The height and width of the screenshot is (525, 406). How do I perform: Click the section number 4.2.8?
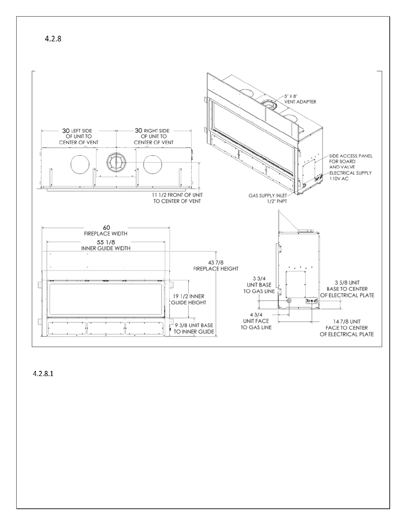point(53,39)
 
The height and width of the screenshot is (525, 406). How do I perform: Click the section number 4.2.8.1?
point(43,374)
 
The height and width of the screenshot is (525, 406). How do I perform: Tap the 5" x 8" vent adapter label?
point(300,99)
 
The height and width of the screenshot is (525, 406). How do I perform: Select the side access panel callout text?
point(351,161)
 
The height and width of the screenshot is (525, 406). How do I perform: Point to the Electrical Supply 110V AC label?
point(350,176)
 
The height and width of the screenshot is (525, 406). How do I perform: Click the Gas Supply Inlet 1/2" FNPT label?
point(268,198)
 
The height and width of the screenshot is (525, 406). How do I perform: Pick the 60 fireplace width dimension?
point(106,230)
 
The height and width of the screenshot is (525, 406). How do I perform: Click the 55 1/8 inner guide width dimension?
point(106,245)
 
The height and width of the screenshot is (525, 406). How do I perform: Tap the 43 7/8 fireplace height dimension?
point(216,265)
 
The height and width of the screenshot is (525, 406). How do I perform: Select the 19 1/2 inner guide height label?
point(188,299)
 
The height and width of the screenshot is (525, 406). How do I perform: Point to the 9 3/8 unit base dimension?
point(194,328)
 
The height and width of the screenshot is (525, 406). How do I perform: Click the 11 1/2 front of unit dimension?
point(177,198)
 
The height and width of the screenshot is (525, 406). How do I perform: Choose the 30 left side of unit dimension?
point(79,136)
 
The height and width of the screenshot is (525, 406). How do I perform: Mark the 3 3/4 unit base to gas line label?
point(259,285)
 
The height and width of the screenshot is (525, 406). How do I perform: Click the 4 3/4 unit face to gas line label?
point(256,321)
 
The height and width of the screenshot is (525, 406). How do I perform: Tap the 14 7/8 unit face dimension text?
point(347,327)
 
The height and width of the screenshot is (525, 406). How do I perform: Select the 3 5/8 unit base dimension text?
point(347,289)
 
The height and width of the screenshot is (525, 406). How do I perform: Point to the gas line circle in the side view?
point(289,301)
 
